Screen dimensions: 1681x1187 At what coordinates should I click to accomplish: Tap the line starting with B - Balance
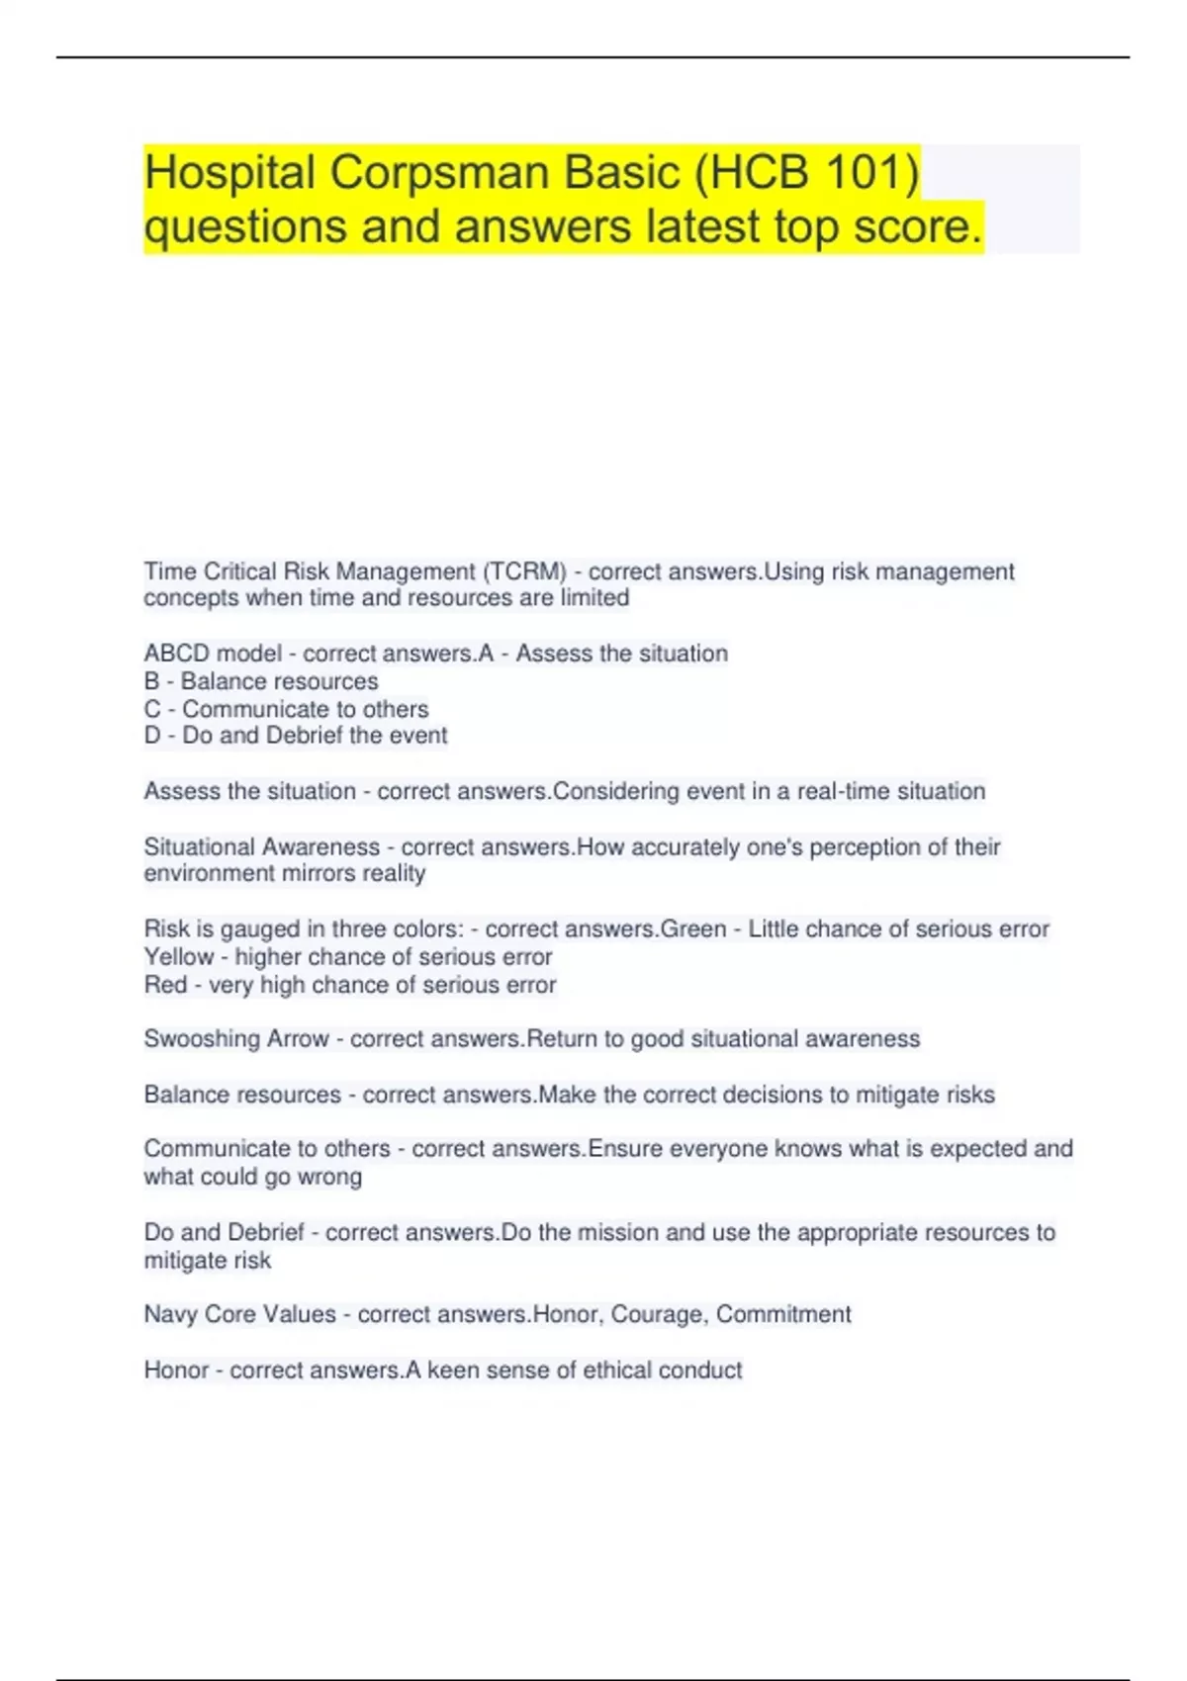coord(261,681)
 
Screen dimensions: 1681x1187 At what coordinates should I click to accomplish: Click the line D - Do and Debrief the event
coord(296,736)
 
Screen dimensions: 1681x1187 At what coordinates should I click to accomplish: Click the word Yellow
coord(179,957)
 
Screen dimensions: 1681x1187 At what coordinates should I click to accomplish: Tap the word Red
coord(165,985)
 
